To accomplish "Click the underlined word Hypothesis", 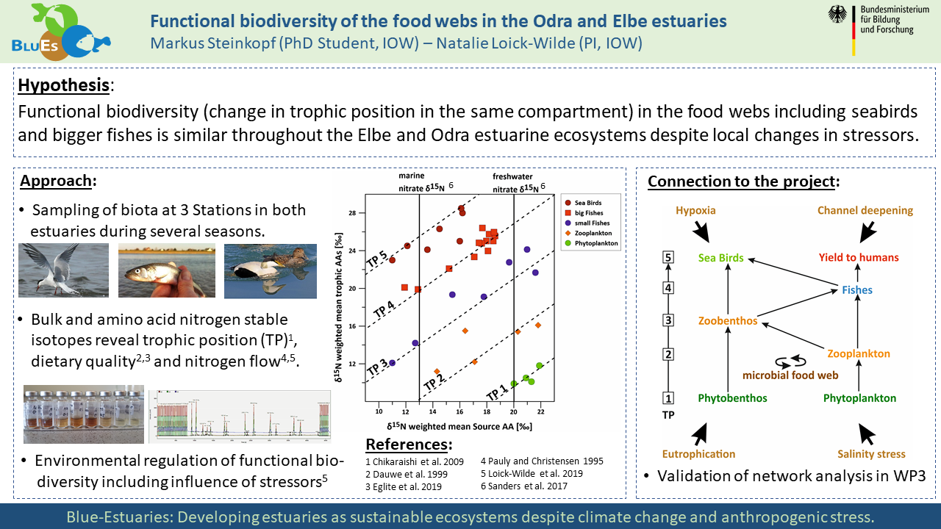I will [63, 85].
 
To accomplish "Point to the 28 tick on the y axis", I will [372, 213].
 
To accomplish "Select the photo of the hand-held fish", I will [167, 270].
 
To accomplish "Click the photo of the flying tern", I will [64, 270].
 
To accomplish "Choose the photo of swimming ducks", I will [270, 270].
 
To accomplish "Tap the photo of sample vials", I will [83, 414].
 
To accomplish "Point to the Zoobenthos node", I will [728, 321].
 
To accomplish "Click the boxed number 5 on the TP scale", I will [668, 258].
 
